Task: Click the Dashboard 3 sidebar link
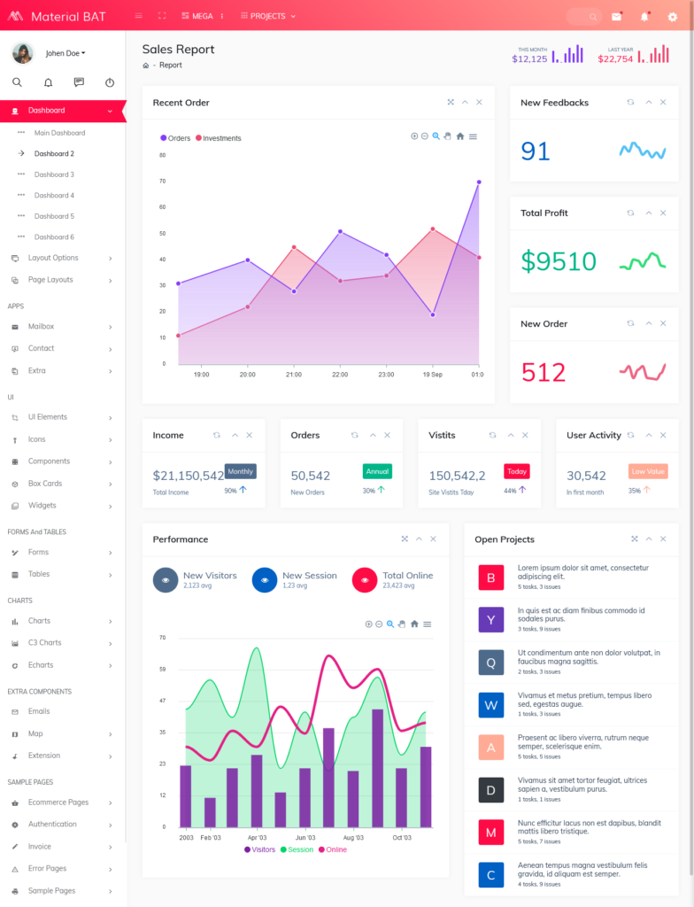[54, 174]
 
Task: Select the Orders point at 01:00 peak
[479, 182]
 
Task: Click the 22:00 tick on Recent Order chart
[340, 375]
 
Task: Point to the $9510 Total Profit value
[559, 261]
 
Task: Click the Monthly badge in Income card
[241, 471]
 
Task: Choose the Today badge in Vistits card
[517, 471]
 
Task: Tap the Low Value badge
[648, 471]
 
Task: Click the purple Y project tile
[490, 619]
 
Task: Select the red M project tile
[490, 832]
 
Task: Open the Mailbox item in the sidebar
[41, 327]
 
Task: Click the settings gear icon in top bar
[672, 16]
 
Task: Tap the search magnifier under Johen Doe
[17, 82]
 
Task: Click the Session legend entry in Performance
[297, 849]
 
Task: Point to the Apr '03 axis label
[257, 837]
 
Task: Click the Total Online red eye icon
[365, 580]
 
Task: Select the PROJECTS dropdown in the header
[268, 16]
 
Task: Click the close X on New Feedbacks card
[663, 102]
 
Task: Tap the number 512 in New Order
[544, 372]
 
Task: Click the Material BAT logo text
[68, 16]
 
